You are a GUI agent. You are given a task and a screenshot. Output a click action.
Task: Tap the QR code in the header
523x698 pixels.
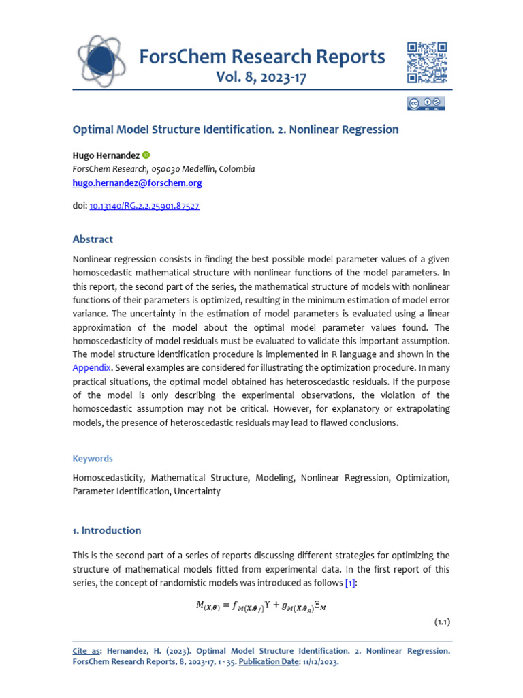pyautogui.click(x=427, y=62)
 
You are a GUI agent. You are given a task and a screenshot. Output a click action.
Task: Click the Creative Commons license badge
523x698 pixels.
pyautogui.click(x=426, y=104)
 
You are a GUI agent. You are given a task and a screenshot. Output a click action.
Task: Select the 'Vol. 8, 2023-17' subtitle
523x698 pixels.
pyautogui.click(x=261, y=77)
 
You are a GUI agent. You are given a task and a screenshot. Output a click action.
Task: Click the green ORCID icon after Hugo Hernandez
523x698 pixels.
pyautogui.click(x=146, y=155)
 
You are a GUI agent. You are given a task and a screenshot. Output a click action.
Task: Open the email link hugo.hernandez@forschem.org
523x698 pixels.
pyautogui.click(x=138, y=183)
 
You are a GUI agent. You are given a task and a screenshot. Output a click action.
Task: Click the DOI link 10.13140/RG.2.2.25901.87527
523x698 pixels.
pyautogui.click(x=144, y=206)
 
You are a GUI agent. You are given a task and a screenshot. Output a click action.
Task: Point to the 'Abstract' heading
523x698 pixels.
pyautogui.click(x=93, y=239)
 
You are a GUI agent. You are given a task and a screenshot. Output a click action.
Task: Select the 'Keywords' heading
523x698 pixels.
pyautogui.click(x=93, y=459)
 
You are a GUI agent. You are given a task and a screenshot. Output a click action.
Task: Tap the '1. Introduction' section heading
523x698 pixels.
pyautogui.click(x=107, y=530)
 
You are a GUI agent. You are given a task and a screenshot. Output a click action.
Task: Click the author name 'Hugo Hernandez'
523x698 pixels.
pyautogui.click(x=106, y=155)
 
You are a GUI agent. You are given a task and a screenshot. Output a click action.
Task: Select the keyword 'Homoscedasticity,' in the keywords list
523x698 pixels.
pyautogui.click(x=109, y=479)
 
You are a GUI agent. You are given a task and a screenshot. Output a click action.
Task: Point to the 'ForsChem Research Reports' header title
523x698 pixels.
pyautogui.click(x=261, y=57)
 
